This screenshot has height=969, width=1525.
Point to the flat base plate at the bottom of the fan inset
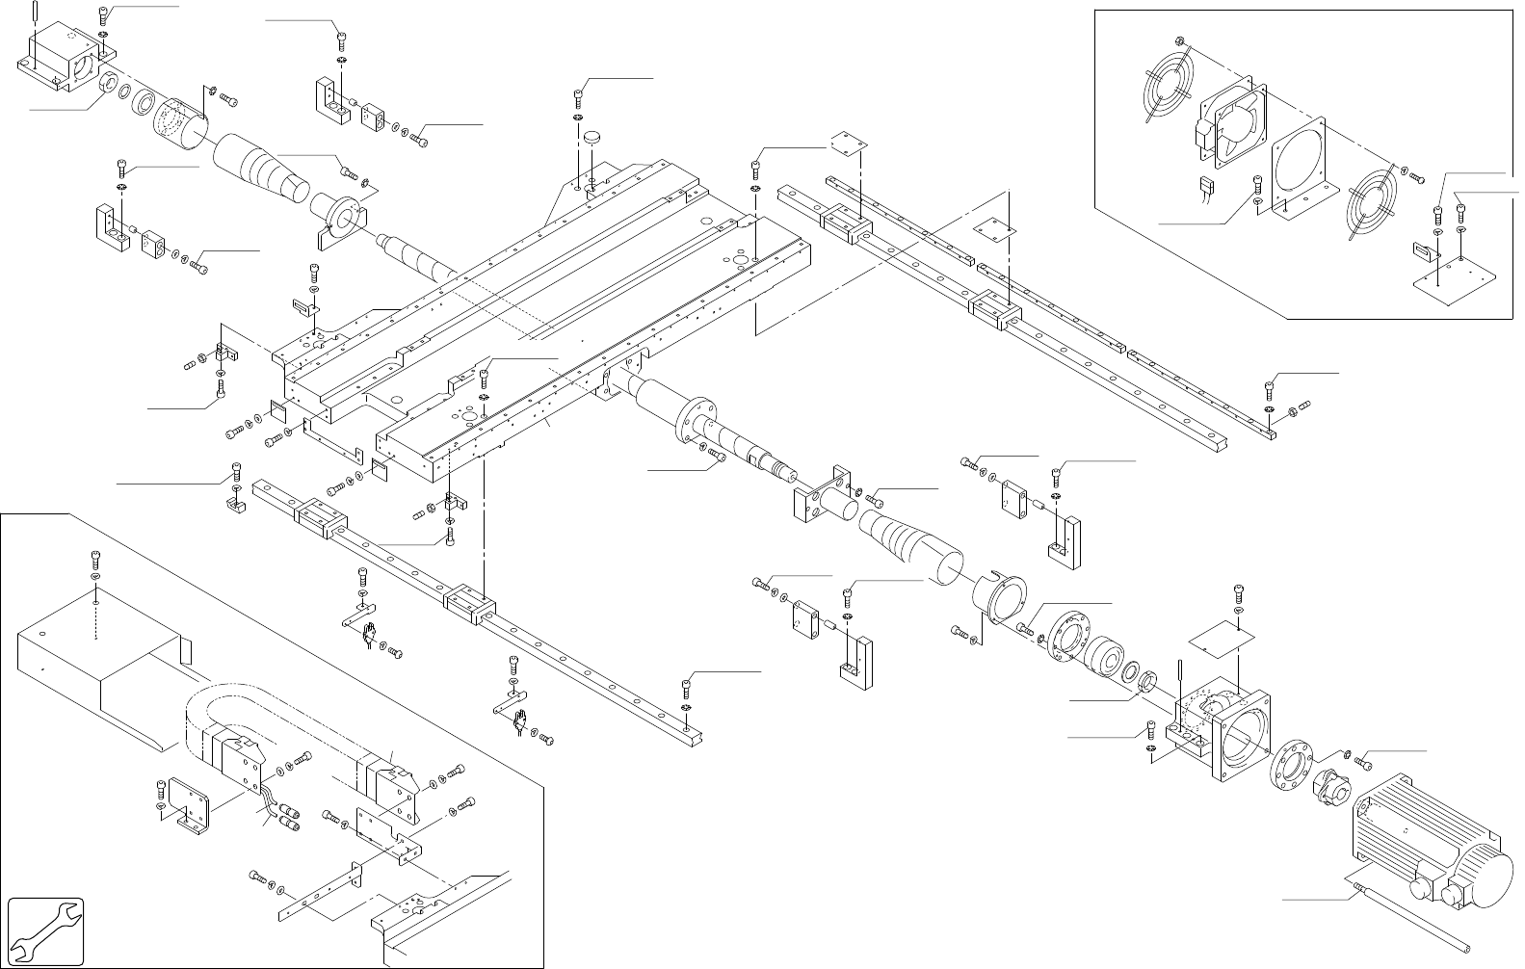[x=1455, y=284]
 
